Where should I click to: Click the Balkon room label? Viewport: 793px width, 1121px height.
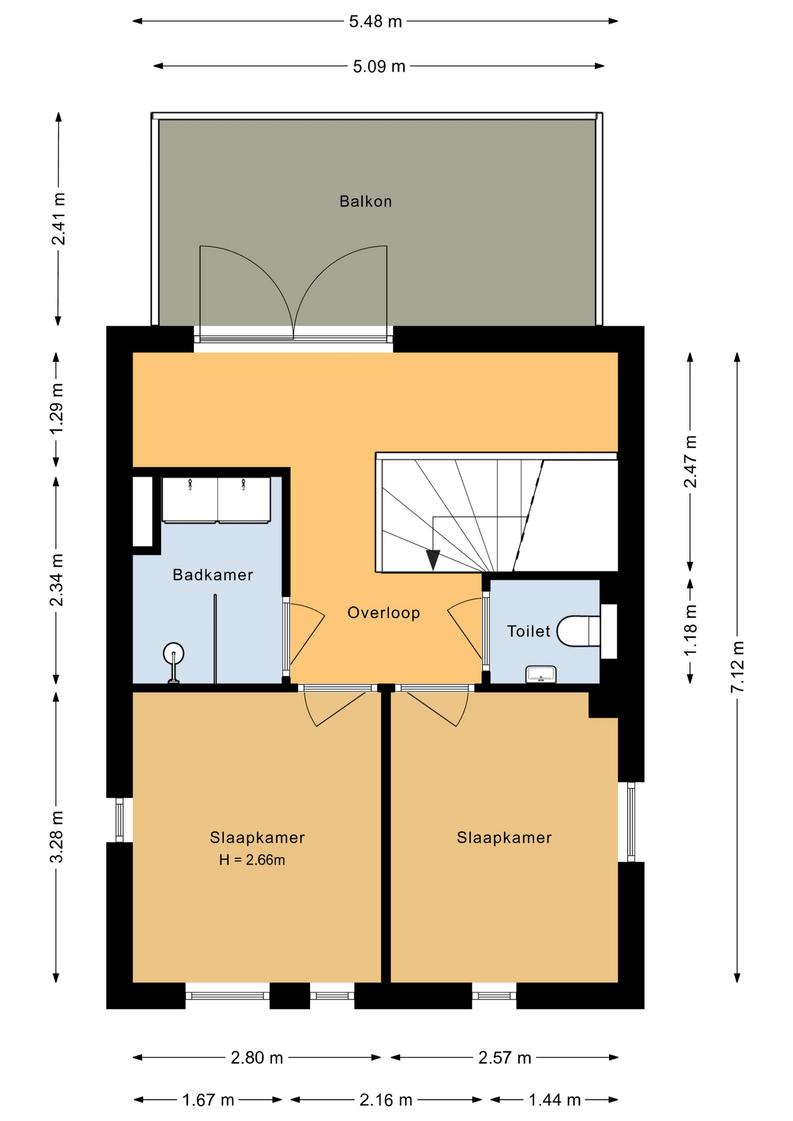tap(366, 201)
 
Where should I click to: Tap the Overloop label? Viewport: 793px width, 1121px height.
tap(384, 612)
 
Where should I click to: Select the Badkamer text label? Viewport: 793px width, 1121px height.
tap(213, 575)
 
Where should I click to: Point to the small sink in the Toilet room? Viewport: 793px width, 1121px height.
tap(541, 674)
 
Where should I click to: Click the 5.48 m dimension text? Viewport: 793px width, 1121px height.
tap(375, 22)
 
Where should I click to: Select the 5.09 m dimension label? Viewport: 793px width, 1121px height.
tap(379, 67)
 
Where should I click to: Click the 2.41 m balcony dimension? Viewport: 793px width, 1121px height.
tap(58, 218)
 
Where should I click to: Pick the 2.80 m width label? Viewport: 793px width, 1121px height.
tap(257, 1058)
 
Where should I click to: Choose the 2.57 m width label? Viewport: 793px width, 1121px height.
tap(505, 1058)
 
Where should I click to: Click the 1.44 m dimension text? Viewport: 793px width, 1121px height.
tap(554, 1101)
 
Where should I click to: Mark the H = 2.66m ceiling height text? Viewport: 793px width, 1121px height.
tap(252, 860)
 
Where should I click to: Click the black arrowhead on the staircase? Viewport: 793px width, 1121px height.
tap(433, 560)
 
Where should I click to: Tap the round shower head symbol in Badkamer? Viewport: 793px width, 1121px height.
tap(173, 653)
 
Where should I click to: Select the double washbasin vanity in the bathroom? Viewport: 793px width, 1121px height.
tap(216, 500)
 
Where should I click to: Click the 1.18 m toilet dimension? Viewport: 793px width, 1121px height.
tap(690, 630)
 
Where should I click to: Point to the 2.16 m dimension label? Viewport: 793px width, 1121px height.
tap(385, 1101)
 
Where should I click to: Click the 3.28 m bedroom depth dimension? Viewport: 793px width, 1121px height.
tap(57, 837)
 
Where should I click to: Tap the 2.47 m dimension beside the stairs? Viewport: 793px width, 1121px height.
tap(690, 461)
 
